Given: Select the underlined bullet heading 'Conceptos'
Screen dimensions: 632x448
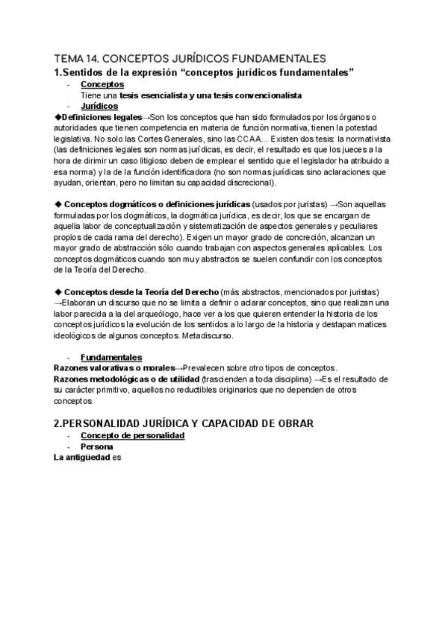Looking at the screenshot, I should point(102,84).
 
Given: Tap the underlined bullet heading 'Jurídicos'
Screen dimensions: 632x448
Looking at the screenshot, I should point(102,106).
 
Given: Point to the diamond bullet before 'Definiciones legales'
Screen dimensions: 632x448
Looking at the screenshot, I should point(59,117).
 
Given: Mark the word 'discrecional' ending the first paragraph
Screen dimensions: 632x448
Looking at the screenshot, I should point(248,182).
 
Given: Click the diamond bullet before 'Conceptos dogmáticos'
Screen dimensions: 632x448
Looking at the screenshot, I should point(59,204).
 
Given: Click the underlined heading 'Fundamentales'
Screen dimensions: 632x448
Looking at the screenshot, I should point(111,357).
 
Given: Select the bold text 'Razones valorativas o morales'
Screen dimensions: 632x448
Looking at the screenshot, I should point(113,368).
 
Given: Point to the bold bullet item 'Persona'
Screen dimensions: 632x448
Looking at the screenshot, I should point(97,446).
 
